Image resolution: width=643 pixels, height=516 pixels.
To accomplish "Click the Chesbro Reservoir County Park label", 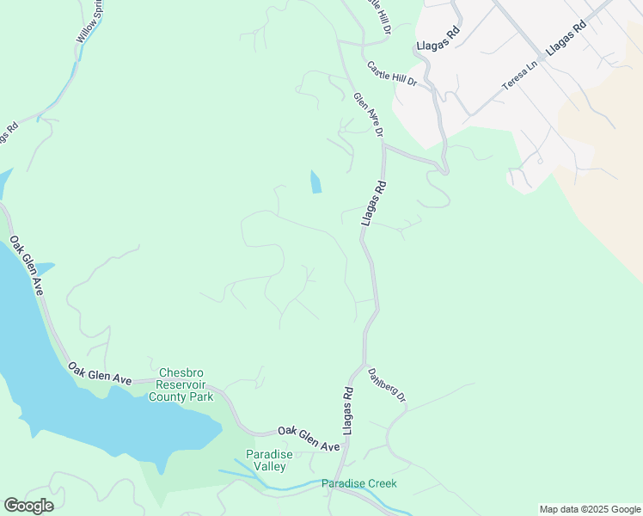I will pos(181,385).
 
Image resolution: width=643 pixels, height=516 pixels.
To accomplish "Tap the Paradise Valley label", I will pos(269,460).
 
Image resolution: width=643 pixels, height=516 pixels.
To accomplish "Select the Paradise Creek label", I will pos(359,483).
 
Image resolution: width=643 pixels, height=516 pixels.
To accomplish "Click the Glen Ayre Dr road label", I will pos(367,114).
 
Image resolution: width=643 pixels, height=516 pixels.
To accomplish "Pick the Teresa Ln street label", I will pos(520,77).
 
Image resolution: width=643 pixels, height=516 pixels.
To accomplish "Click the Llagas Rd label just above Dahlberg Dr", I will pos(348,410).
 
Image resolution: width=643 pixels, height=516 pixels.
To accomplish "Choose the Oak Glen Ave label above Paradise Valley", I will pos(308,438).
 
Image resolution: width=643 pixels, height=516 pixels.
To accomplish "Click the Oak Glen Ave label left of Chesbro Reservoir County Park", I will pos(100,373).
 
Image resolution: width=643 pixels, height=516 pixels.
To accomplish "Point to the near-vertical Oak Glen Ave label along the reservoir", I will pos(27,272).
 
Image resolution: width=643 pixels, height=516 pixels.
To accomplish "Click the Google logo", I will pos(28,506).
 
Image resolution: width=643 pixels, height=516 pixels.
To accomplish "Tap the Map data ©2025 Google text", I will pos(590,509).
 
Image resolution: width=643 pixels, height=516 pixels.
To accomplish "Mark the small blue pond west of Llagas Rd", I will pos(315,181).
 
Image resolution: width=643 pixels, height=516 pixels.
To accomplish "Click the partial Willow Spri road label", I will pos(89,22).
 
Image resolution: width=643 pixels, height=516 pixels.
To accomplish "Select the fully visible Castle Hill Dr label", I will pos(391,72).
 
